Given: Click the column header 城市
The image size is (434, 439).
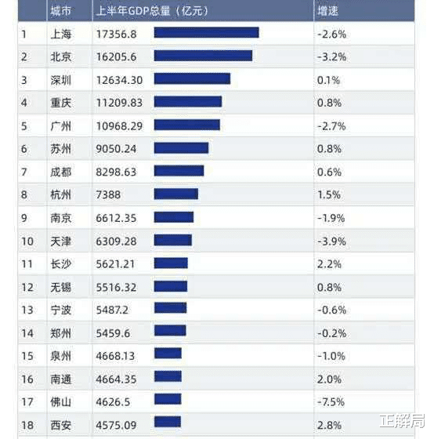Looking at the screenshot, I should coord(60,11).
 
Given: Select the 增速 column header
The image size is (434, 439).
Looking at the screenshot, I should coord(327,11).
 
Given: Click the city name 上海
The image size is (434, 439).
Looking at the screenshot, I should coord(60,34).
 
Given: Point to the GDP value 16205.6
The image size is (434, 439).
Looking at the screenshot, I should coord(116,56).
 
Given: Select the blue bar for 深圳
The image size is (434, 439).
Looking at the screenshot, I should coord(192,79).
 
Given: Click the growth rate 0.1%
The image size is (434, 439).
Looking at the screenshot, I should coord(328,79).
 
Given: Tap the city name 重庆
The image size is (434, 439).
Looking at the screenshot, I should coord(60,102).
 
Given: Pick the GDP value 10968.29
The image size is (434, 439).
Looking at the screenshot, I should coord(119,125).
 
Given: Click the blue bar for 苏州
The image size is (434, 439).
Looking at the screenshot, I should coord(181,148).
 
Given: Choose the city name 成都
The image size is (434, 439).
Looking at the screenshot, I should coord(60,171).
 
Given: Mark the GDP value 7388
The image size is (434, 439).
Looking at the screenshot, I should coord(109,194).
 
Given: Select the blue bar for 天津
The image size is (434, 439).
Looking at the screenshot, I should coord(173,240).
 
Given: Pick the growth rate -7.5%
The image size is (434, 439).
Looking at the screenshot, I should coord(331,400).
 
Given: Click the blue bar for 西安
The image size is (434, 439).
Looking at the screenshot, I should coord(168,423).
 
